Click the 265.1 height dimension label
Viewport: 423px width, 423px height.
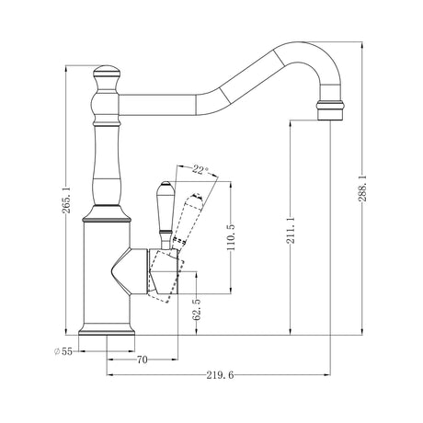click(67, 200)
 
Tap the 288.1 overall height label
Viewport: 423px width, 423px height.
click(362, 188)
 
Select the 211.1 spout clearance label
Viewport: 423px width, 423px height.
click(291, 230)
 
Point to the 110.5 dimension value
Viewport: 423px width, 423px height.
click(231, 237)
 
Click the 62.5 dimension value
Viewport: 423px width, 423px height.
click(197, 310)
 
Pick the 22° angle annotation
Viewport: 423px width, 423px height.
click(200, 169)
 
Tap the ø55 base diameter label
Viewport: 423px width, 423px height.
click(63, 351)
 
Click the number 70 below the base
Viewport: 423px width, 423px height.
click(143, 360)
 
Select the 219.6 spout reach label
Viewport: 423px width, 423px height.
click(220, 375)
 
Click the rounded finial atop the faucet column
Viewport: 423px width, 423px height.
click(107, 72)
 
